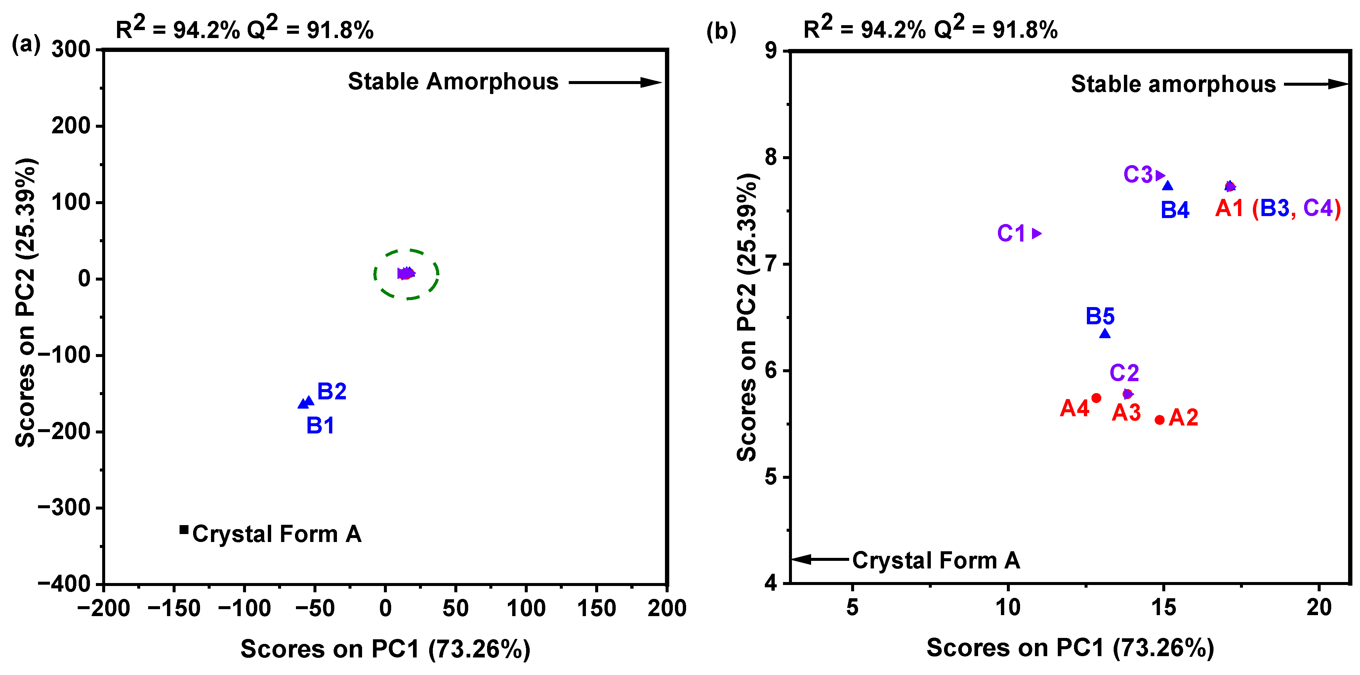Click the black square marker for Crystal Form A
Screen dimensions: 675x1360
[x=184, y=529]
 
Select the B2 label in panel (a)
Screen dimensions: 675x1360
[x=332, y=391]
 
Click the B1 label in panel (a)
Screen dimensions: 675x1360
[x=320, y=425]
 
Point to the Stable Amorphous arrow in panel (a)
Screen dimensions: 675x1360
[x=615, y=82]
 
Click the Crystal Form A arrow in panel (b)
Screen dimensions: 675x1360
[x=820, y=559]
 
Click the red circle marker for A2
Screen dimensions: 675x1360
[x=1159, y=420]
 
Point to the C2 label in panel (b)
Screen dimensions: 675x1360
[x=1124, y=373]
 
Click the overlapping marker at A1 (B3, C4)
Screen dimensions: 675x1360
[x=1230, y=186]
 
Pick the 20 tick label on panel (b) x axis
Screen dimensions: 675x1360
[x=1319, y=607]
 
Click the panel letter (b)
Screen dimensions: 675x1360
[x=721, y=32]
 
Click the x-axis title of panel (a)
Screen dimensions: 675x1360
[x=386, y=649]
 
